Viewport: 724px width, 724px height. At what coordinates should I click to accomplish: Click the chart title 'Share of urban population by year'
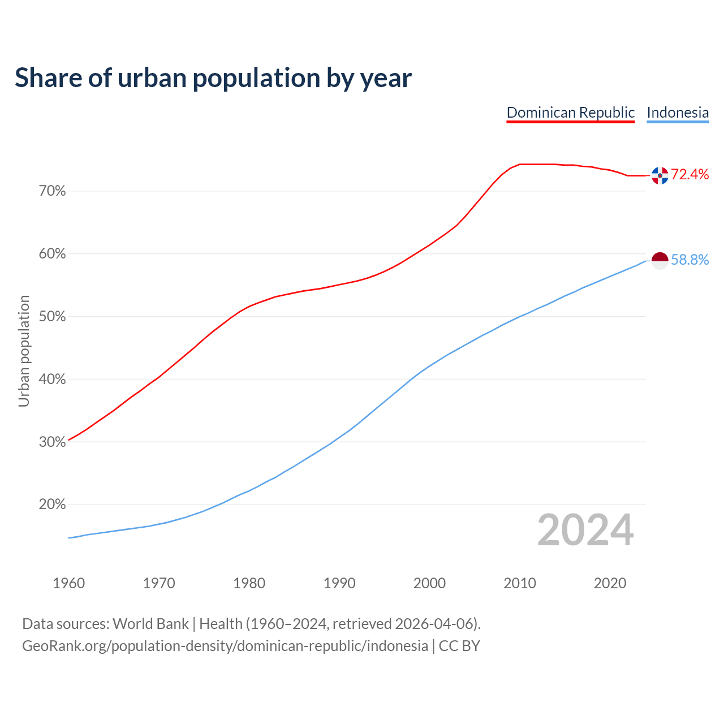(213, 78)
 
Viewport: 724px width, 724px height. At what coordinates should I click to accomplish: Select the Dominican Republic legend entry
(570, 113)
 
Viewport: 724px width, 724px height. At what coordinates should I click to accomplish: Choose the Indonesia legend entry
(678, 113)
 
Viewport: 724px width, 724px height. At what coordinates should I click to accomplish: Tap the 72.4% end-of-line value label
(689, 174)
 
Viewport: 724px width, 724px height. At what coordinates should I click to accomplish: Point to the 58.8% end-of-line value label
(689, 260)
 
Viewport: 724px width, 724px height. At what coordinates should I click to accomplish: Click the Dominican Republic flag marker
(660, 175)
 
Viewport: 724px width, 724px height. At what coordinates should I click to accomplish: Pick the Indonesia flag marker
(660, 260)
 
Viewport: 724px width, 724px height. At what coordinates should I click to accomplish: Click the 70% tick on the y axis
(52, 191)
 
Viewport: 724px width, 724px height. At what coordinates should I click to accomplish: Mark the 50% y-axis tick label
(52, 317)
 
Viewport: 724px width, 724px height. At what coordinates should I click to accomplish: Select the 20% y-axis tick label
(52, 505)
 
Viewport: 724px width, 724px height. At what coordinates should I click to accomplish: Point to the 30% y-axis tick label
(52, 442)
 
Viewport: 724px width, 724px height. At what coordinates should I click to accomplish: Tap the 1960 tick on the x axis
(68, 583)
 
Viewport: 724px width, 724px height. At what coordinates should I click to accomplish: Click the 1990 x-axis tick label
(339, 583)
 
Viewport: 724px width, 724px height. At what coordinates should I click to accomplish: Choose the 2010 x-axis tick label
(520, 583)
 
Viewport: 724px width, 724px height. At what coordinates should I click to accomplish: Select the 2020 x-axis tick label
(610, 583)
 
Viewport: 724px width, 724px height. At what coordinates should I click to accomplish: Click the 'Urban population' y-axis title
(24, 351)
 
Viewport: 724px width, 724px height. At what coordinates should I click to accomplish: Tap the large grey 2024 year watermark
(585, 531)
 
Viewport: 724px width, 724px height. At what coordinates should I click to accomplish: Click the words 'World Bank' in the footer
(150, 624)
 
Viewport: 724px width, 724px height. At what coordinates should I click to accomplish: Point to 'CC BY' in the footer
(459, 646)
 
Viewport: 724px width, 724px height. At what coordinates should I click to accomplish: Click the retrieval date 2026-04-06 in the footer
(434, 624)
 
